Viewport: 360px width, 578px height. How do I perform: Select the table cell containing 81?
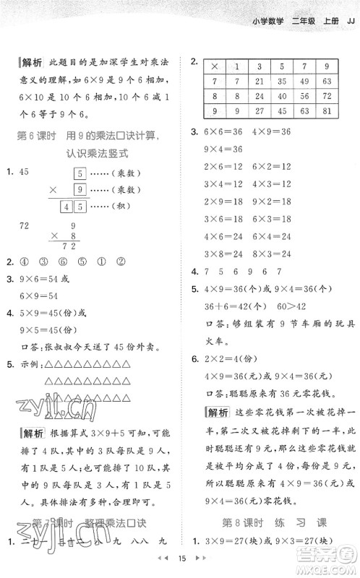pyautogui.click(x=326, y=111)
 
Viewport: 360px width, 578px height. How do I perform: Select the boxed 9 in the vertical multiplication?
pyautogui.click(x=80, y=189)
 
